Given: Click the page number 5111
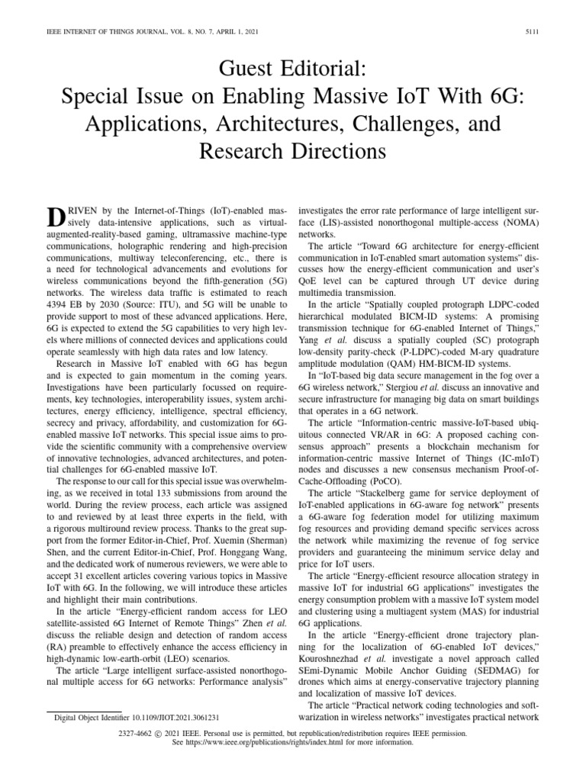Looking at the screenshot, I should tap(533, 31).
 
